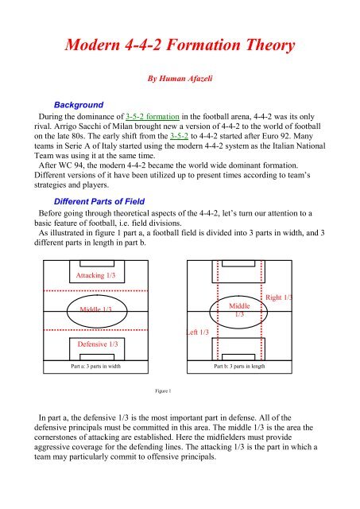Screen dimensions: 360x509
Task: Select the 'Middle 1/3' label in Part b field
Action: point(238,309)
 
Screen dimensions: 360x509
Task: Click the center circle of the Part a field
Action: point(97,310)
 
